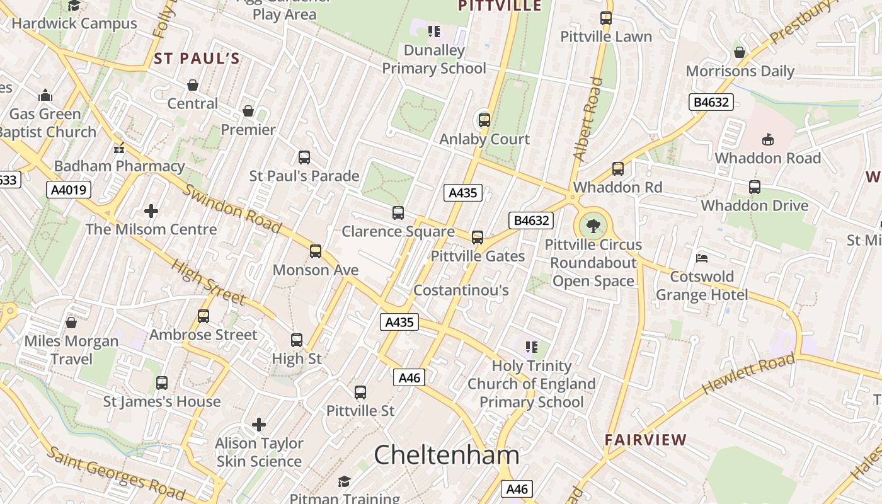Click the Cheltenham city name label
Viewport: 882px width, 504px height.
click(447, 455)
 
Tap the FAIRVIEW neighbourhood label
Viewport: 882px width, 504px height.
click(646, 440)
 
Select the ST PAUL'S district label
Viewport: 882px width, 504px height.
click(197, 59)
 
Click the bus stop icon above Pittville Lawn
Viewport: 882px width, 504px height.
click(606, 18)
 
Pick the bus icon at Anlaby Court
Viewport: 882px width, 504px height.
click(484, 120)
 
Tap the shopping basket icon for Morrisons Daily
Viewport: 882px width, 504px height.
click(740, 52)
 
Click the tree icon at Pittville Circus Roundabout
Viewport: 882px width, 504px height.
click(593, 226)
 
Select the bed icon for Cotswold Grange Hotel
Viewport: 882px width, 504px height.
click(702, 258)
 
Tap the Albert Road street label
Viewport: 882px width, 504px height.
click(587, 118)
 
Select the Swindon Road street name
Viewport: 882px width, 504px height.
click(231, 209)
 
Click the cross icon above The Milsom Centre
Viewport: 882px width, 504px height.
click(151, 210)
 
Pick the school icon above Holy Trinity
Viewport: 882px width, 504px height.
click(532, 347)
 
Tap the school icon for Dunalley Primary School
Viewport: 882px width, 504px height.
click(434, 31)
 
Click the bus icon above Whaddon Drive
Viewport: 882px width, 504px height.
click(755, 187)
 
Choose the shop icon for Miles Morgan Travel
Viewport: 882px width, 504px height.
click(71, 323)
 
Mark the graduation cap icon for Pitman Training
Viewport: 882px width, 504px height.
click(344, 482)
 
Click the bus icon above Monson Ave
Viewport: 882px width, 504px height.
click(316, 251)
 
